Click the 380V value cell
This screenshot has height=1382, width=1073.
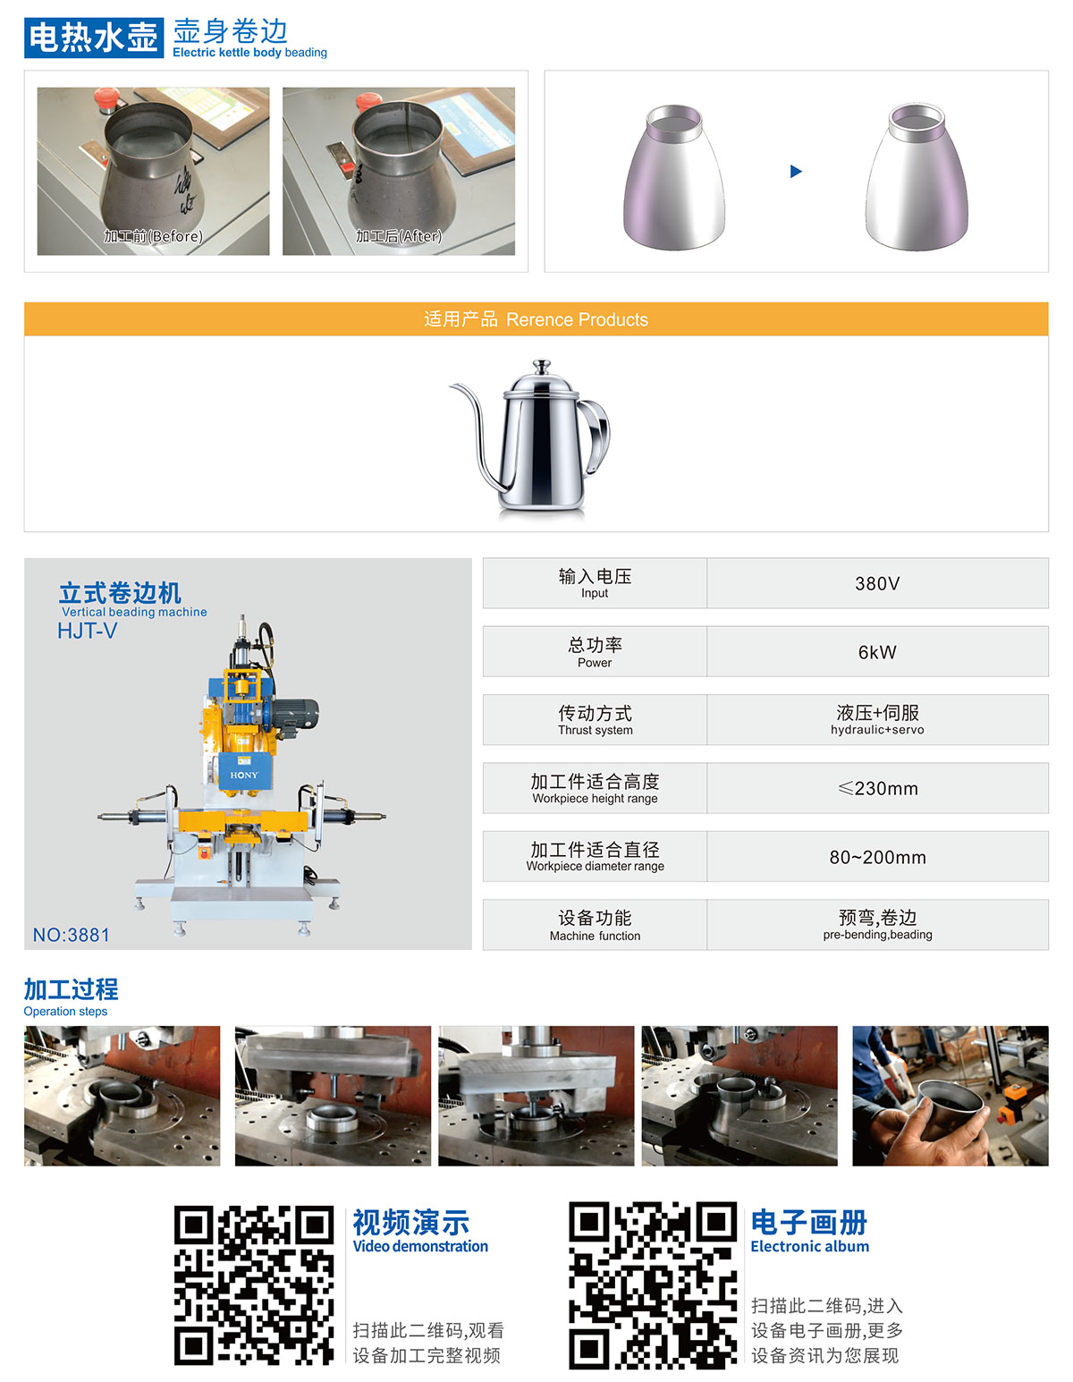(877, 583)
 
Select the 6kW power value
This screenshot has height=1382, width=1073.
(877, 652)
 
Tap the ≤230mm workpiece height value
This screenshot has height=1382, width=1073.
(877, 788)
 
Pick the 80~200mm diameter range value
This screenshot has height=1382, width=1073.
(877, 857)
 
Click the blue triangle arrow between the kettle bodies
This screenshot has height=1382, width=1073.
(796, 171)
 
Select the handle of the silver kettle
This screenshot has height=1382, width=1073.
(596, 425)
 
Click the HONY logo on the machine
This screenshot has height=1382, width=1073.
(243, 776)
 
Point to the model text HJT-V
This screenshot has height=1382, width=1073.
(87, 631)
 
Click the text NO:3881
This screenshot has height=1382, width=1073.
(72, 935)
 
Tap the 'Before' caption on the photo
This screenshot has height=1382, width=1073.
(153, 236)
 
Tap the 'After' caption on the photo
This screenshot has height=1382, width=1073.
(399, 236)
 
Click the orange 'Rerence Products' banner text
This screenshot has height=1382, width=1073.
(536, 319)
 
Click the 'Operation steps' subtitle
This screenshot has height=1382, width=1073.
(65, 1012)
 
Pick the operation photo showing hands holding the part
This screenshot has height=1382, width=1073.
(950, 1096)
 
